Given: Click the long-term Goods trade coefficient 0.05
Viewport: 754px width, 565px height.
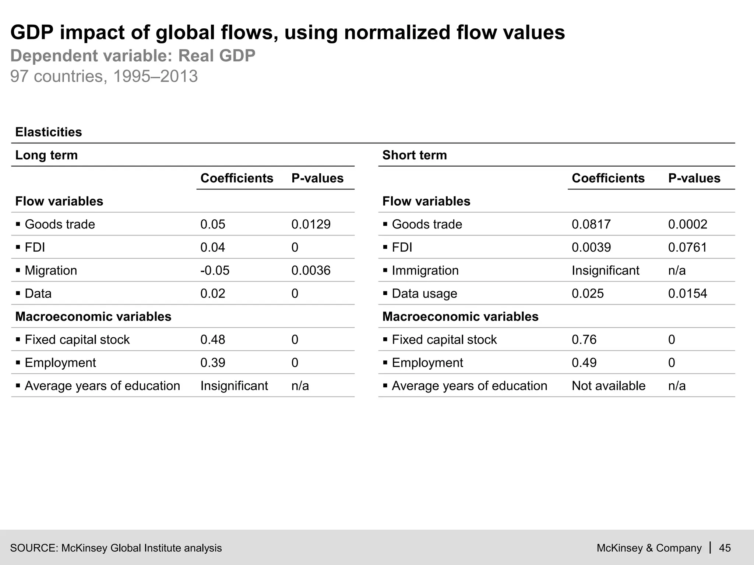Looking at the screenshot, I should point(212,224).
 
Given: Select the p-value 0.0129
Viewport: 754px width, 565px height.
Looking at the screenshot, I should point(311,224).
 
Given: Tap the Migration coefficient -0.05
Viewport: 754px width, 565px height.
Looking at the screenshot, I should point(215,270).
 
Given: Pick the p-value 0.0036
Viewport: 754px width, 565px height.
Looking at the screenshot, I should point(311,270).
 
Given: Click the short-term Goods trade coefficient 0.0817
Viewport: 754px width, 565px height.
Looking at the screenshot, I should point(591,224).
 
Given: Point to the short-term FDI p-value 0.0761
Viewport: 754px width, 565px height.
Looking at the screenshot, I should point(687,247).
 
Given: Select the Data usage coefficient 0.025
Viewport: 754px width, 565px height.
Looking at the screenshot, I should point(588,294).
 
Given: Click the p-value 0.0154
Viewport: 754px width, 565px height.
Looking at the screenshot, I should point(687,294).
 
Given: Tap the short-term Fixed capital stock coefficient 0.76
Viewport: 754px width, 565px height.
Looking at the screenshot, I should point(584,340).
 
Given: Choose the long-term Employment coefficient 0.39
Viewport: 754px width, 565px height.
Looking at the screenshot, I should point(212,363).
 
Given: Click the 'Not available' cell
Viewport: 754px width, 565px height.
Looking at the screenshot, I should point(608,386).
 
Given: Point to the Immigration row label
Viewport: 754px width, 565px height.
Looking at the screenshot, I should point(425,270).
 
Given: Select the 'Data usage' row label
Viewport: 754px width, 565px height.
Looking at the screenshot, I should point(424,294).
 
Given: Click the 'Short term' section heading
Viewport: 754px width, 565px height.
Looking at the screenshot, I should point(414,155).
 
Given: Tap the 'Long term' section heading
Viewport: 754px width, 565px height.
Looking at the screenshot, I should point(46,155).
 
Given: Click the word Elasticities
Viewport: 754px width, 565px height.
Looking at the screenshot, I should point(48,132).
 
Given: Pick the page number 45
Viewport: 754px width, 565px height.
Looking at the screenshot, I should point(725,548).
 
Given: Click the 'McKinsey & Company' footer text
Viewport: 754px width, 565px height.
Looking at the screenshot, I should point(649,548).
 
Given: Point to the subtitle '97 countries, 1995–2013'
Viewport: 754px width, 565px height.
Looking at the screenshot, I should point(104,77).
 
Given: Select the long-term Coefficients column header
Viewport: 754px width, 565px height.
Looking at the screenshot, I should point(236,178).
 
